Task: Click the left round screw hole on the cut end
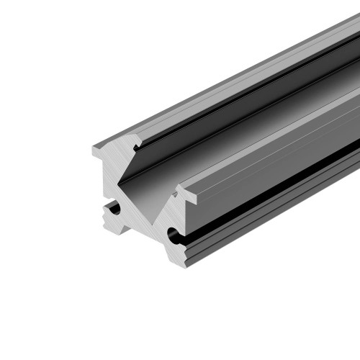113,209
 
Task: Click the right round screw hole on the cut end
172,234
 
